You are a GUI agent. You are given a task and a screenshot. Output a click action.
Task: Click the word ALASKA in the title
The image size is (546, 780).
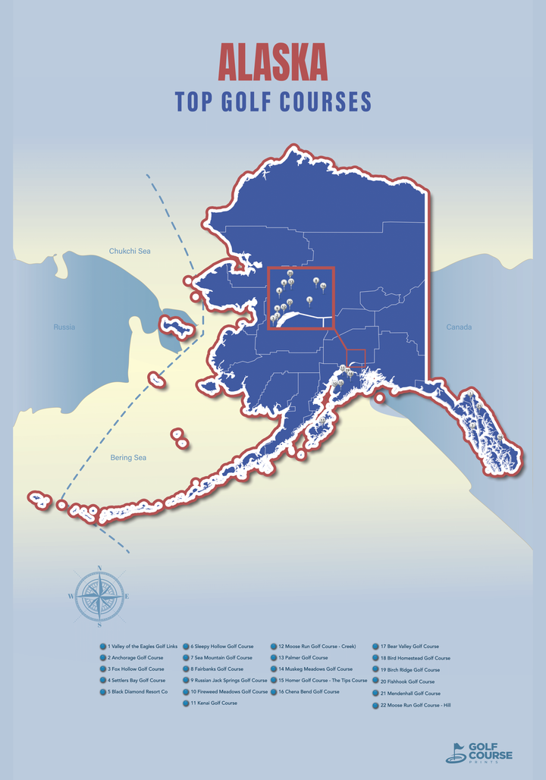(273, 61)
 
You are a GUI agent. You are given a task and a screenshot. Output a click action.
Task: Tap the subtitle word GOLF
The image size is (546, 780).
(247, 102)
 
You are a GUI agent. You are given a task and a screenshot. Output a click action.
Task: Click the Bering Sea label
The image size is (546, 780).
(128, 458)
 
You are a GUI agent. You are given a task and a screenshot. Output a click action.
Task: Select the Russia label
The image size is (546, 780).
(64, 327)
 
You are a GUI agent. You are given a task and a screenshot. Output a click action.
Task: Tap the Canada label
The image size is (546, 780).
(459, 327)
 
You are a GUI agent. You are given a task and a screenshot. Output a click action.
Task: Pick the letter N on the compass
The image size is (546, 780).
(100, 569)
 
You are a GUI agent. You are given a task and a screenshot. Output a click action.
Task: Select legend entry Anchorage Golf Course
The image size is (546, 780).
(135, 658)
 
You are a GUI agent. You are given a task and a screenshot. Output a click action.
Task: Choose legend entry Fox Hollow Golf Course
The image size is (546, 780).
(136, 669)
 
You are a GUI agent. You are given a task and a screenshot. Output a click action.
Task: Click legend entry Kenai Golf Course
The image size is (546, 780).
(214, 703)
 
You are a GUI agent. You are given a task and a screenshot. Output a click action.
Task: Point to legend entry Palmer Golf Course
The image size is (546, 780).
(303, 658)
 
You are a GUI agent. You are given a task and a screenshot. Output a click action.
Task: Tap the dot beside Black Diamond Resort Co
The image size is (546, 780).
(103, 692)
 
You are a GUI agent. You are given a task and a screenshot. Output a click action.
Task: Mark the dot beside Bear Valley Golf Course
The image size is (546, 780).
(376, 647)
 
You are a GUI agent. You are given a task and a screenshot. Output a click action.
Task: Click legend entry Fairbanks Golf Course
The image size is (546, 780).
(217, 669)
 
